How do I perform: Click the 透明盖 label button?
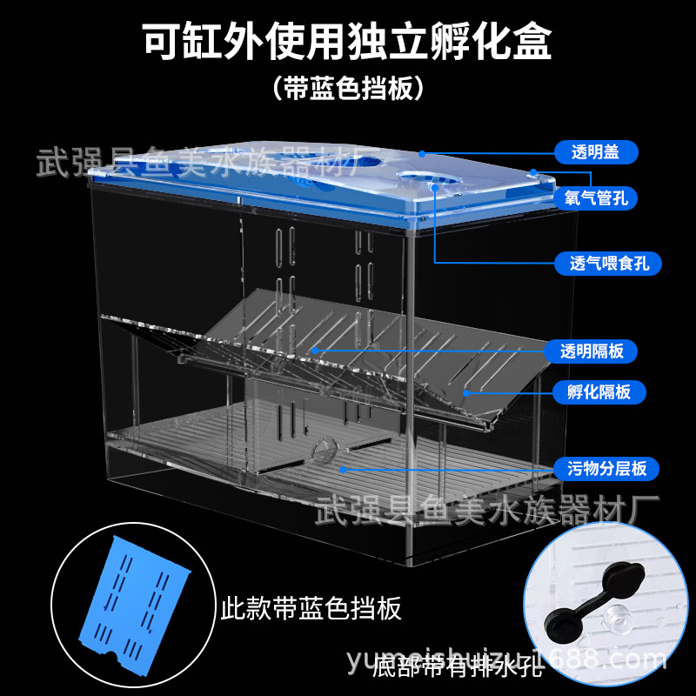tap(595, 152)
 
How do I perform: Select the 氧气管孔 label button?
tap(595, 199)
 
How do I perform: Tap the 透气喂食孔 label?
tap(603, 262)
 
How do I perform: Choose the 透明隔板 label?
tap(592, 351)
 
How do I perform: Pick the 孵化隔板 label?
tap(592, 391)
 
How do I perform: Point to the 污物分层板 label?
tap(601, 469)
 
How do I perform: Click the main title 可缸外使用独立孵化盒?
tap(347, 42)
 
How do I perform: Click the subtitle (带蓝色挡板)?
tap(347, 89)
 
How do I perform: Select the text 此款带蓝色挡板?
tap(310, 608)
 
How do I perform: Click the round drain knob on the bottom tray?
tap(323, 450)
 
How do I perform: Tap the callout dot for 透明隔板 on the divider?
tap(315, 351)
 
